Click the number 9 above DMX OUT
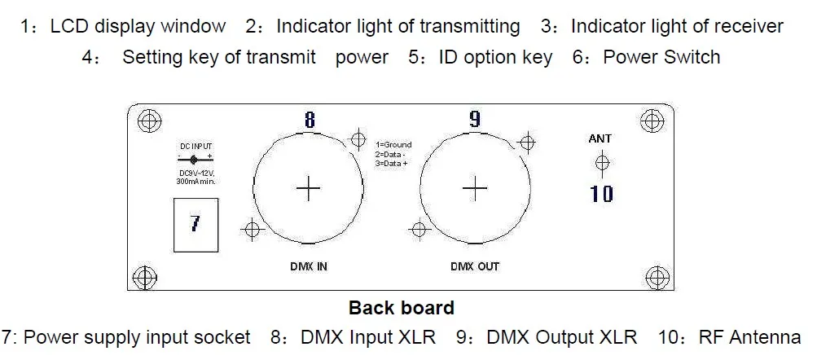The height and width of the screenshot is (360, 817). coord(475,120)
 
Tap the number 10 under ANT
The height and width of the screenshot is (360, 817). coord(602,194)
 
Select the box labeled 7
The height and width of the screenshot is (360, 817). coord(195,222)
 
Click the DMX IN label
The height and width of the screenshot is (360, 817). coord(308,266)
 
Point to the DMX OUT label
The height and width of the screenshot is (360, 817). coord(474,266)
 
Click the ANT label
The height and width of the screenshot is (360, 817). coord(600,138)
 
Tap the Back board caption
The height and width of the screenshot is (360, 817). coord(401,308)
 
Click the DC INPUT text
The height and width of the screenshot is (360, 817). coord(195,147)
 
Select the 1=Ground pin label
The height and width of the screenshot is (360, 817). coord(393,145)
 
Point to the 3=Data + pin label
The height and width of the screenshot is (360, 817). coord(392,163)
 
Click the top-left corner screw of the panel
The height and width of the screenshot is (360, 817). coord(147,121)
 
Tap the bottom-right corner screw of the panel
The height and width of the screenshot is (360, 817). coord(654,275)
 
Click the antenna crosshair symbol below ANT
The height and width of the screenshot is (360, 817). coord(602,164)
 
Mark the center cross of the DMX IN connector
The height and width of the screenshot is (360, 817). coord(309,188)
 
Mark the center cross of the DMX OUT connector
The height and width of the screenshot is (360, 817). coord(474,188)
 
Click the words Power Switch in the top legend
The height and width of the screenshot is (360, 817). coord(661,57)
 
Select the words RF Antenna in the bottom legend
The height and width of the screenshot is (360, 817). coord(750,336)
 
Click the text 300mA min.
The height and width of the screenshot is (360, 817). coord(195,181)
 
